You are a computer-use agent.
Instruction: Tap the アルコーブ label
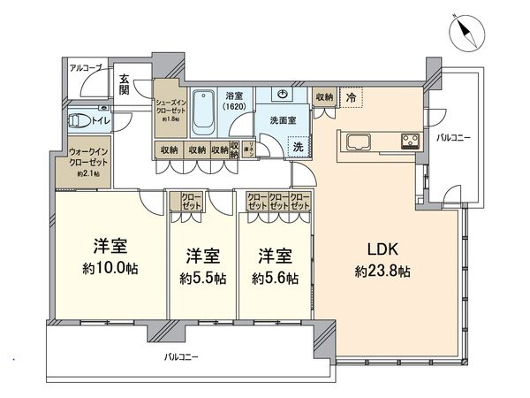(x=86, y=68)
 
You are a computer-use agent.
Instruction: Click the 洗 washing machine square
(x=299, y=147)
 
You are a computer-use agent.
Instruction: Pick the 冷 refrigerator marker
(x=351, y=99)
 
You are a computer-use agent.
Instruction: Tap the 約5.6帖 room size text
(x=274, y=278)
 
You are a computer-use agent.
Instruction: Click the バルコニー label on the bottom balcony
(x=181, y=358)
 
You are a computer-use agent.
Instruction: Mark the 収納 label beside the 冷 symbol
(x=324, y=97)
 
